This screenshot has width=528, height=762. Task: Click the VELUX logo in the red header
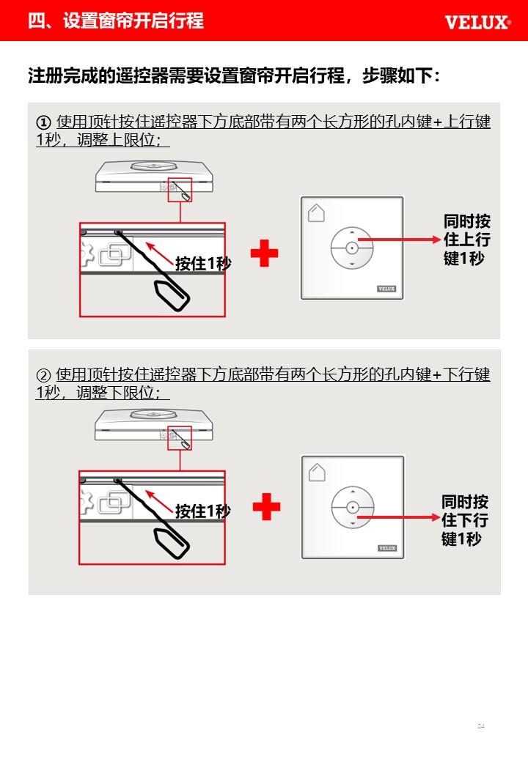tap(477, 23)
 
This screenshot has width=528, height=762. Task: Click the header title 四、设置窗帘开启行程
tap(116, 21)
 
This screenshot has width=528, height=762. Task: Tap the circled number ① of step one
tap(43, 122)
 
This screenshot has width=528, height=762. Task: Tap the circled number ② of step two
tap(43, 374)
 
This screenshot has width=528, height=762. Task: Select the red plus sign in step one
tap(264, 254)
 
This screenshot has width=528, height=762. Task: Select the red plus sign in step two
tap(266, 507)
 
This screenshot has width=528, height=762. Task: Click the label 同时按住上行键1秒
tap(466, 240)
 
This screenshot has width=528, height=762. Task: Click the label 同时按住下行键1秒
tap(465, 520)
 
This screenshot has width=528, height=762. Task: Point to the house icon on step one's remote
tap(316, 213)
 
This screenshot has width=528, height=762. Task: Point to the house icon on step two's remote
tap(317, 473)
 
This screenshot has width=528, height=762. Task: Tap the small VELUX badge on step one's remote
tap(386, 289)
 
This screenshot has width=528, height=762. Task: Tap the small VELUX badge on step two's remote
tap(387, 548)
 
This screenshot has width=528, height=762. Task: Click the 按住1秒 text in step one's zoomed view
tap(203, 263)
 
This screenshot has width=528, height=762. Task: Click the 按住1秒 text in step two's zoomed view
tap(203, 511)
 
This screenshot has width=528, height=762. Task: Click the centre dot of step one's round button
tap(352, 248)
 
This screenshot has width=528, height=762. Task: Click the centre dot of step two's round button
tap(353, 507)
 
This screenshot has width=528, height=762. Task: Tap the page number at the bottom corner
tap(481, 726)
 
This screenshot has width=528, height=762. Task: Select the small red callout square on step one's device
tap(180, 190)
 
